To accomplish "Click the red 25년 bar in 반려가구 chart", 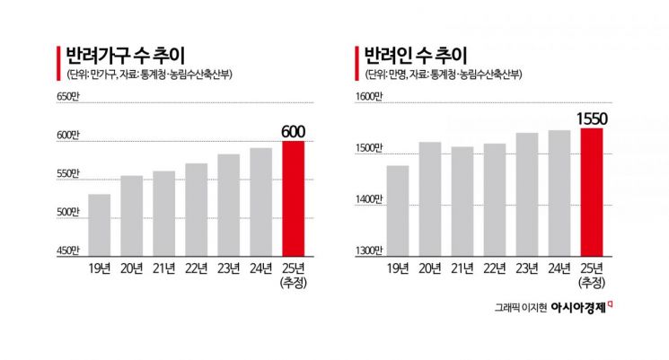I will pos(294,198).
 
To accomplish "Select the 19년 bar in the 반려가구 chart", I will pos(100,224).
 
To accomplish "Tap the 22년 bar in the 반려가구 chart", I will pos(197,209).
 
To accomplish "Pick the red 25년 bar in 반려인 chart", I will pos(592,192).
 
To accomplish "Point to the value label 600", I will pos(294,132).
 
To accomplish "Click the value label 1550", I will pos(592,119).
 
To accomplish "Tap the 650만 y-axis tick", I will pos(68,96).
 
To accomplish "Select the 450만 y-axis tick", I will pos(68,250).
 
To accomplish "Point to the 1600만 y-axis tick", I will pos(370,96).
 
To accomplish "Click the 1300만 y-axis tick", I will pos(370,250).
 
